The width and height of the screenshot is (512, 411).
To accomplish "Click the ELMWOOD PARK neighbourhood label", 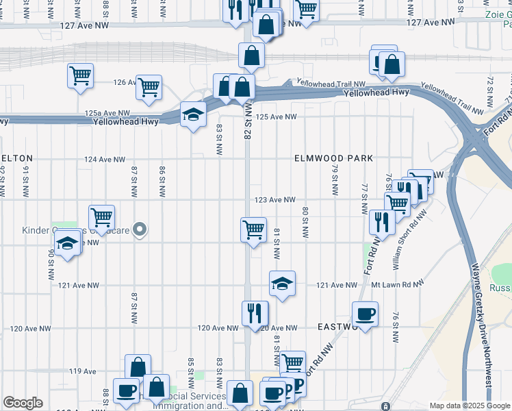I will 333,158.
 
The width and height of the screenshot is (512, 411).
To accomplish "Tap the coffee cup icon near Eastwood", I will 364,314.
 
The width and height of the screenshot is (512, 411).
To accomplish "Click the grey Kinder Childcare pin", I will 140,230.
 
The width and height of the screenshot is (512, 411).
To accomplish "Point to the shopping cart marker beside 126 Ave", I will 149,87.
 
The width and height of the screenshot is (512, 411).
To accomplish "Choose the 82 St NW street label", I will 248,122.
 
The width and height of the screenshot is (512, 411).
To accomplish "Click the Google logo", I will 23,403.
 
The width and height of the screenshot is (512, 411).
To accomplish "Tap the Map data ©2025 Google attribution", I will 469,406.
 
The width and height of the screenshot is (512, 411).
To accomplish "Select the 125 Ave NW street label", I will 276,117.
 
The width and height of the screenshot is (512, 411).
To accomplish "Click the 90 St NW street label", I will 51,264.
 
